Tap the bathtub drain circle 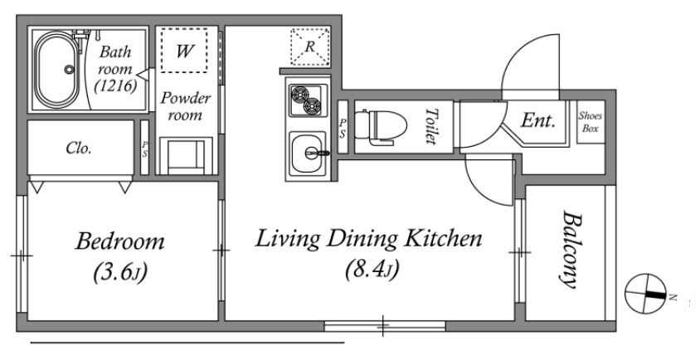(69, 69)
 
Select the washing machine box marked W (184, 50)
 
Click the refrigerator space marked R (310, 47)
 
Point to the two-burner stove (308, 100)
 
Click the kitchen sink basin (307, 154)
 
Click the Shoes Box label (591, 122)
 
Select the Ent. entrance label (538, 120)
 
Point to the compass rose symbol (645, 294)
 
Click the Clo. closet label (79, 148)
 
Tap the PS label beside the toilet (343, 128)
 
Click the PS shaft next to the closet (144, 148)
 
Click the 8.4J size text (372, 270)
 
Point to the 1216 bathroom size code (115, 85)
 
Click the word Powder (186, 98)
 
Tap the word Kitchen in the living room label (443, 239)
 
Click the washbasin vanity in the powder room (186, 156)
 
